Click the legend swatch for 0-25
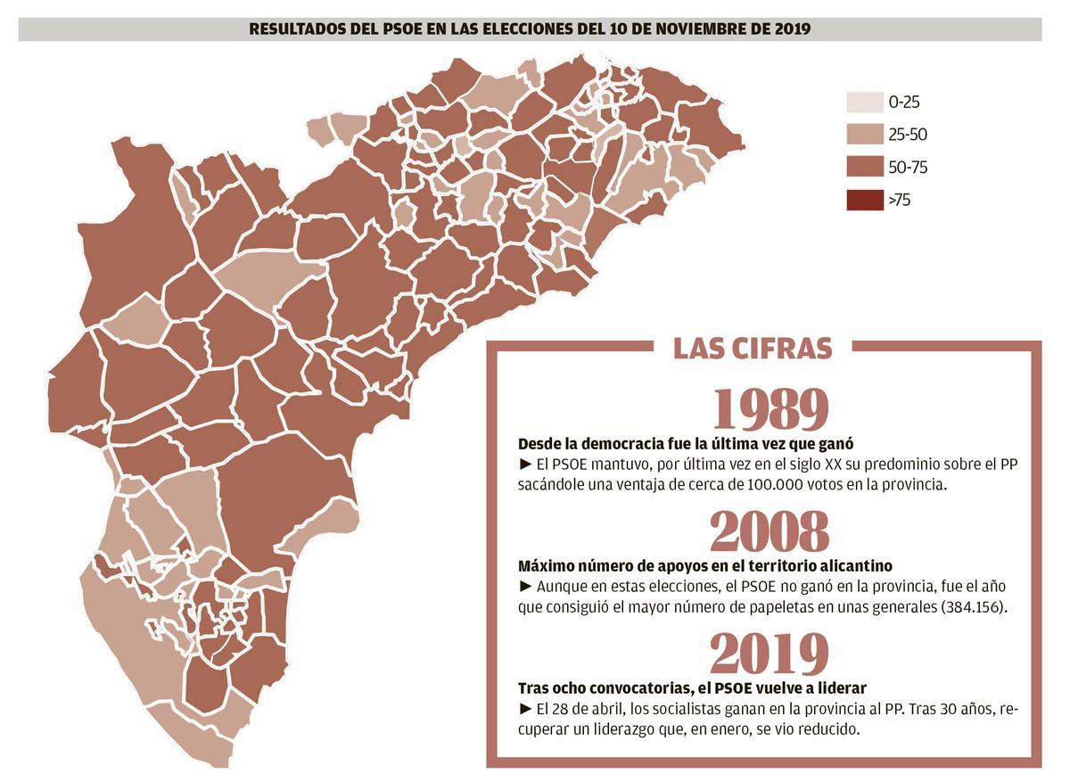tap(862, 103)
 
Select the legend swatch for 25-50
tap(862, 135)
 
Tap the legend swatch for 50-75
tap(862, 167)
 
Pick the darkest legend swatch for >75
tap(862, 200)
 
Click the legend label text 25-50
tap(909, 135)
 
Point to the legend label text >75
tap(900, 200)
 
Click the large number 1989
tap(770, 409)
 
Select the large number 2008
tap(770, 532)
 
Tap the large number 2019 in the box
tap(770, 655)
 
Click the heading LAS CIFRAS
tap(753, 348)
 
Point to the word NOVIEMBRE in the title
tap(690, 29)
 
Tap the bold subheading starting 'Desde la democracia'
tap(673, 444)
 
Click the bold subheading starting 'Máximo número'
tap(704, 566)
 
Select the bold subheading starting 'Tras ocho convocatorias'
tap(692, 688)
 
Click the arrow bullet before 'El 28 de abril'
tap(524, 710)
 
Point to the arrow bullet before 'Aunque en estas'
tap(524, 587)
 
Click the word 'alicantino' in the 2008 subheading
tap(855, 566)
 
